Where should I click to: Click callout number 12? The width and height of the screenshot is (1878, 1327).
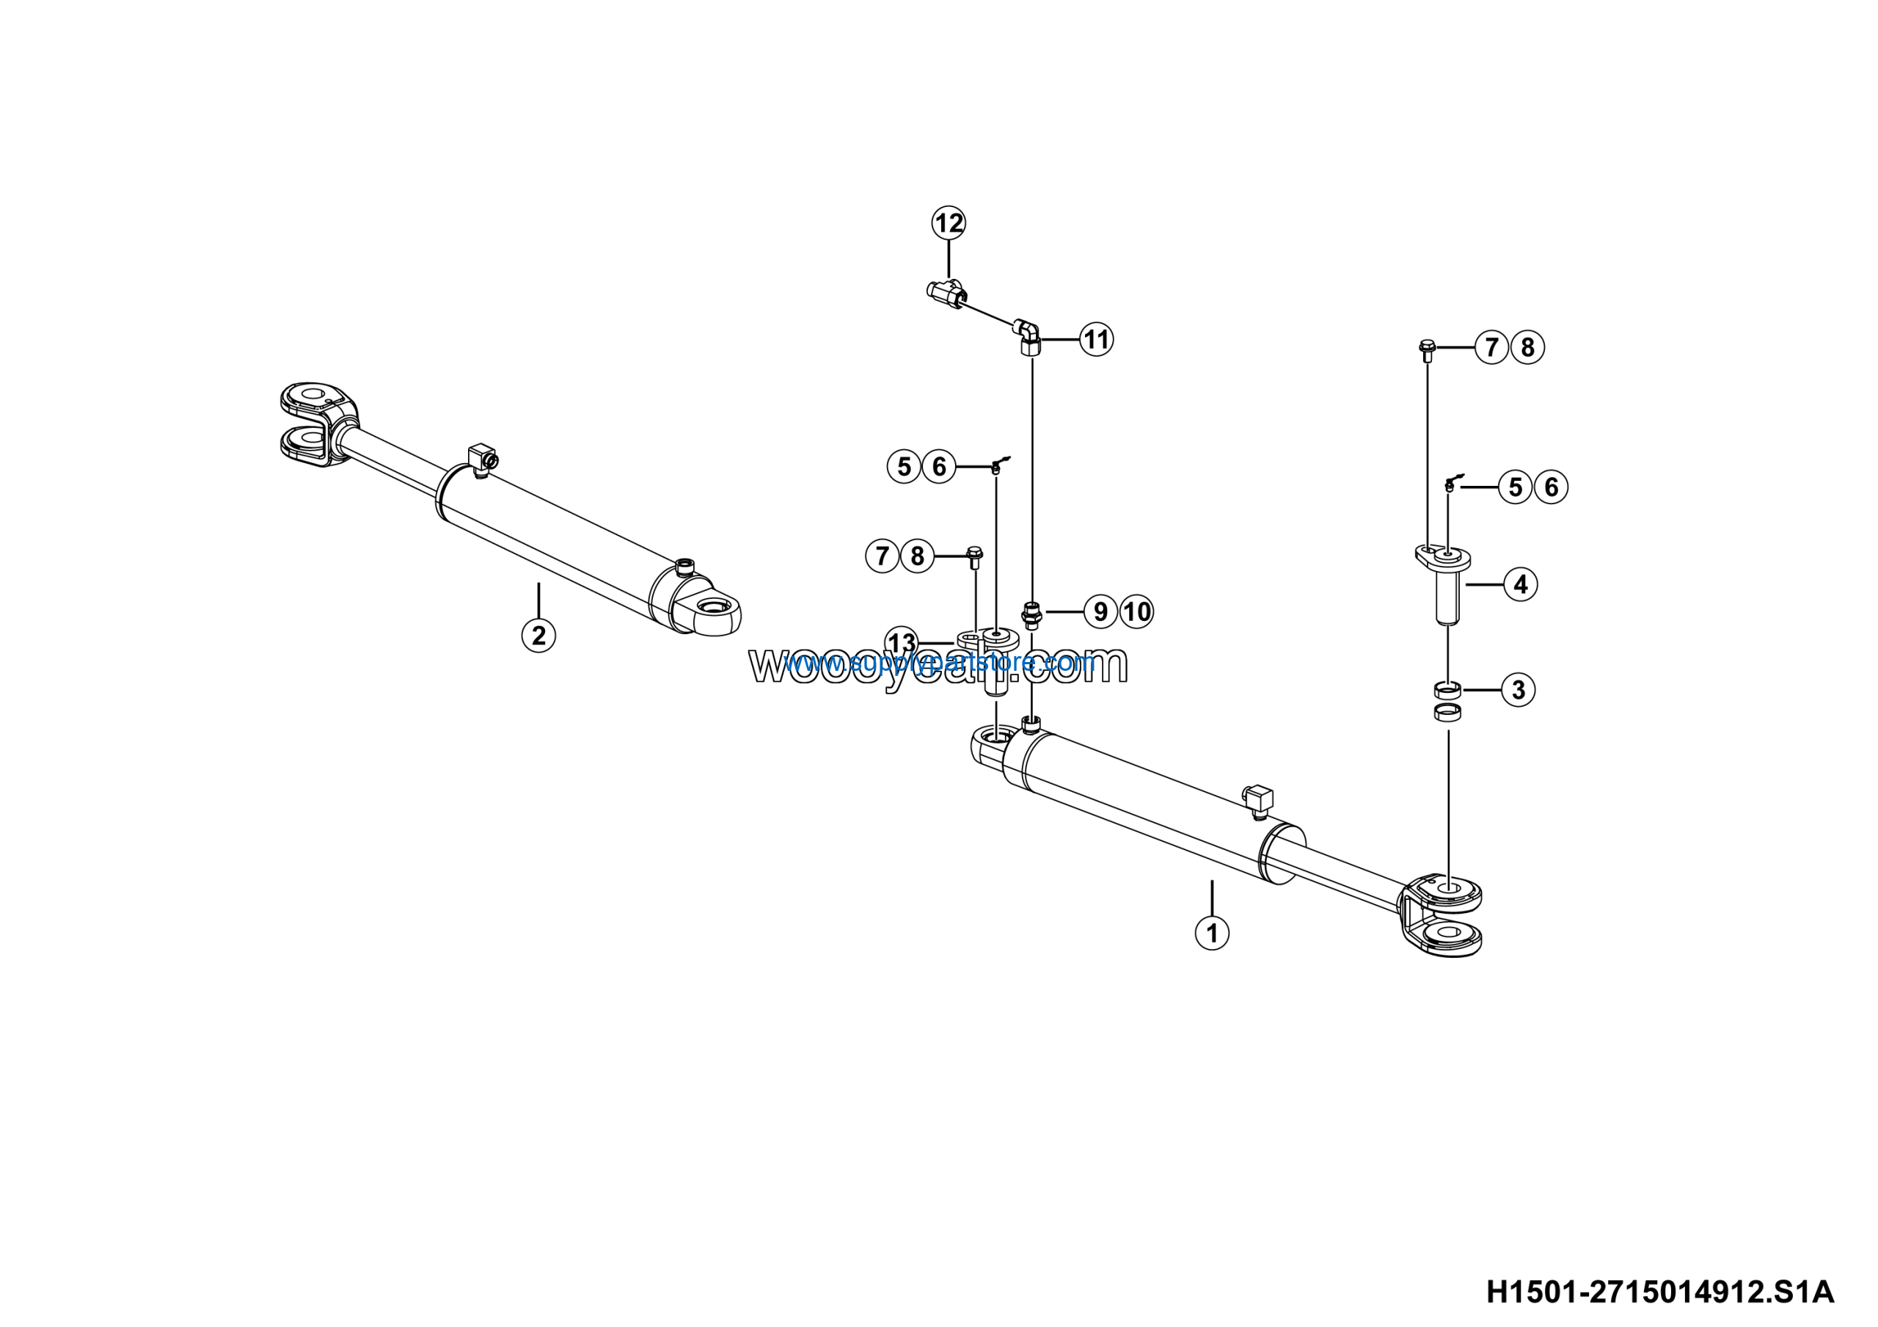[x=949, y=222]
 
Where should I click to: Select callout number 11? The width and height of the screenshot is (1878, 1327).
[x=1096, y=338]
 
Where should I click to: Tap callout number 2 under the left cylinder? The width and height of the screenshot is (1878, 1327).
[x=538, y=635]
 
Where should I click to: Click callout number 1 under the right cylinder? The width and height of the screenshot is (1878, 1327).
[x=1212, y=932]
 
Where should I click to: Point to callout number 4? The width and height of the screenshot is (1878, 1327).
[x=1521, y=584]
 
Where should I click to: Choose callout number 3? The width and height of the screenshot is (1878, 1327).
[x=1518, y=690]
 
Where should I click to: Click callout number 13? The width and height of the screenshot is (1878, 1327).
[x=902, y=641]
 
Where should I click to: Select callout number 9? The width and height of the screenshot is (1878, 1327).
[x=1101, y=611]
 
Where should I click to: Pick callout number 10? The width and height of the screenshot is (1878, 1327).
[x=1137, y=611]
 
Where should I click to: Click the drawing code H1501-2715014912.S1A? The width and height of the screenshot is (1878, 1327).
[x=1659, y=1293]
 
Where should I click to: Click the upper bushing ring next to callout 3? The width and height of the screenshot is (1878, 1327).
[x=1448, y=689]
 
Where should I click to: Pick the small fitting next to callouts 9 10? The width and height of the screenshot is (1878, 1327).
[x=1032, y=614]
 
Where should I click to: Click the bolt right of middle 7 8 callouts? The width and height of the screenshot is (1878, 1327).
[x=974, y=558]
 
